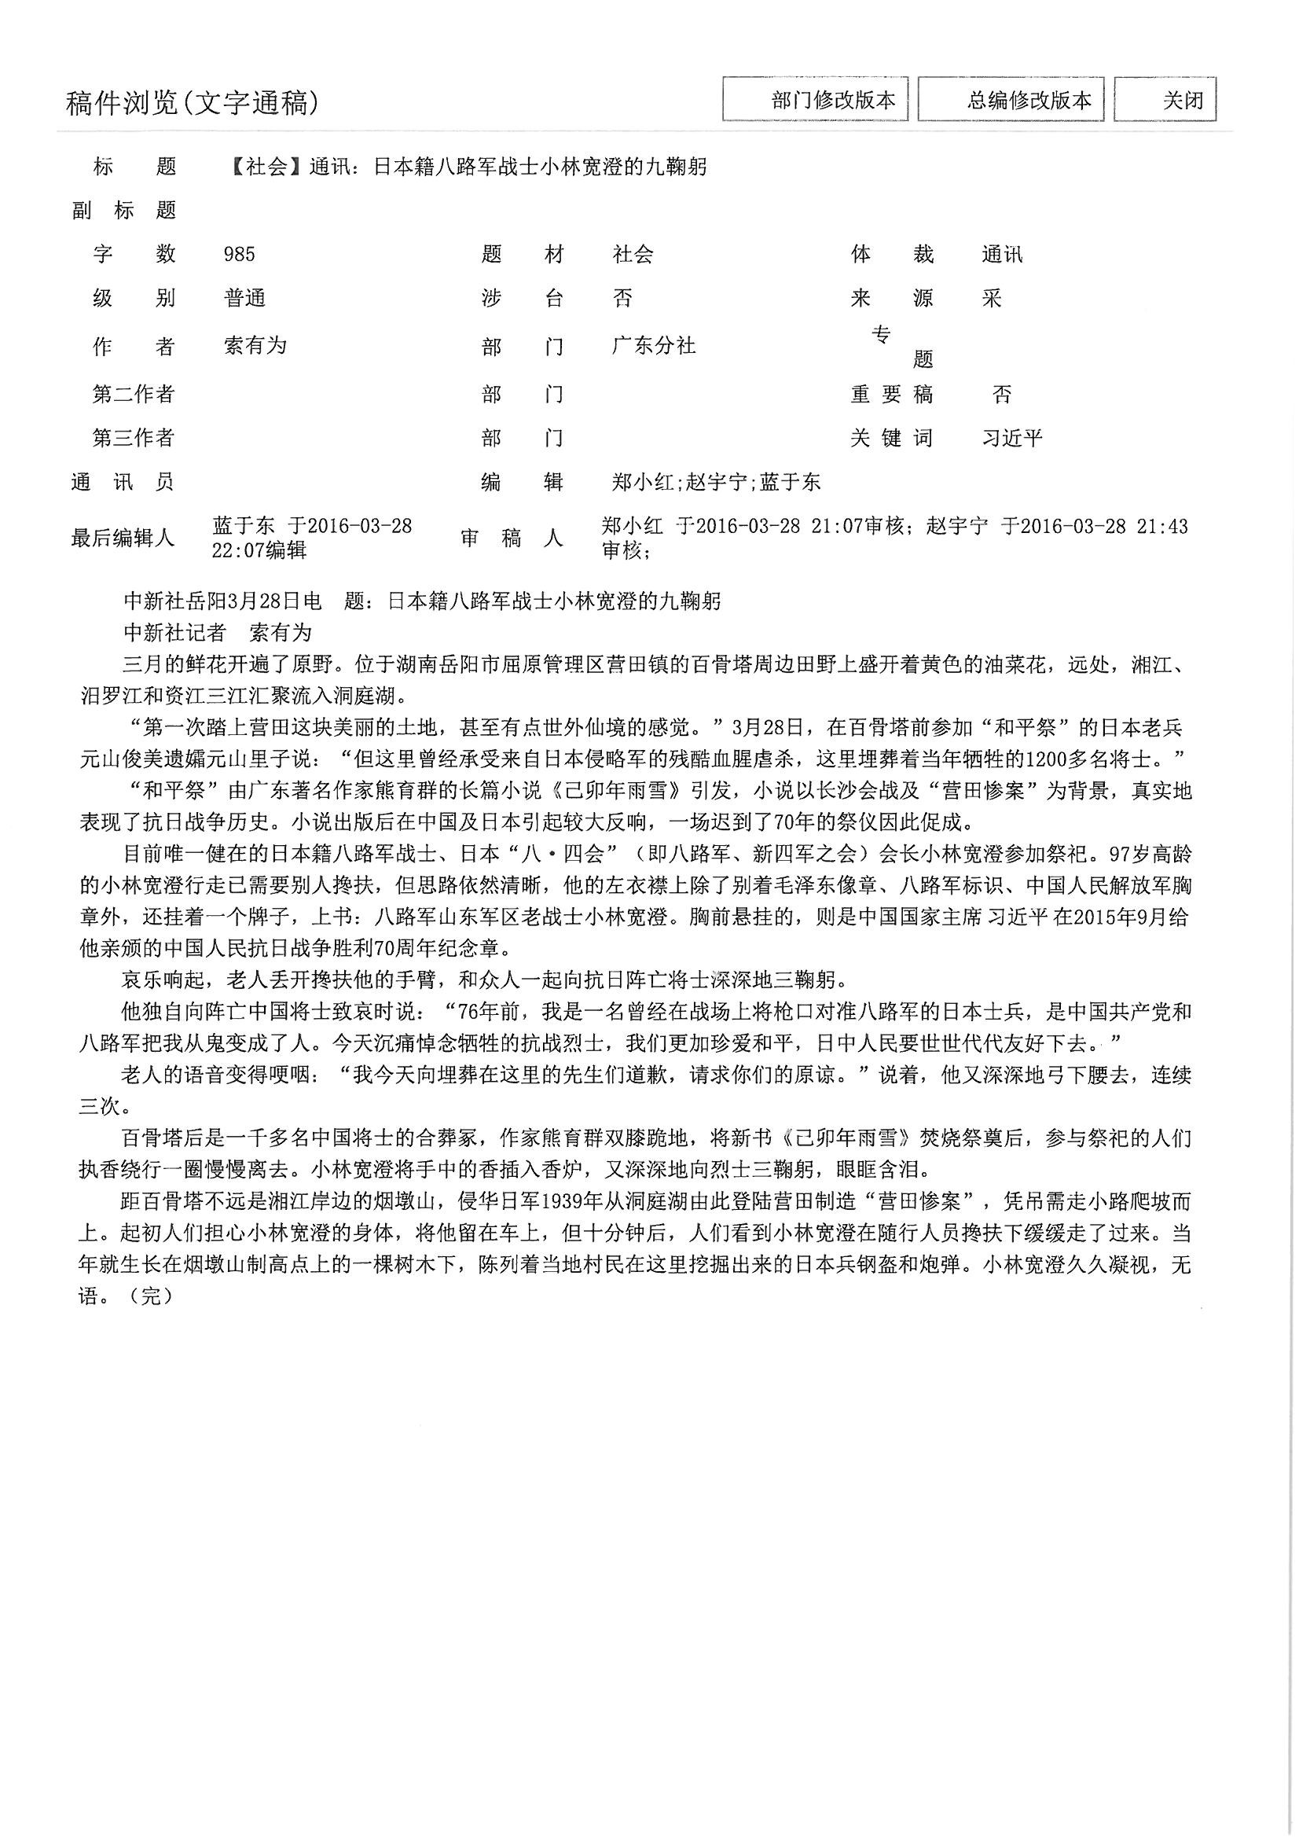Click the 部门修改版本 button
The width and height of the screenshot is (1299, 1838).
tap(815, 100)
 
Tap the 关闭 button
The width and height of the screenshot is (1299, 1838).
tap(1165, 100)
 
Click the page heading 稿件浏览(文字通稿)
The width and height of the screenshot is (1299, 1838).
tap(192, 103)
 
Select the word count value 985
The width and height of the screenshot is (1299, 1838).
tap(240, 255)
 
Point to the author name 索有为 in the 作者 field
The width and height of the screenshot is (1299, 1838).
tap(255, 346)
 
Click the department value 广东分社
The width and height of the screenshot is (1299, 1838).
tap(653, 346)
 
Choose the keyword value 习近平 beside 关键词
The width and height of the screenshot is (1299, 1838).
tap(1012, 438)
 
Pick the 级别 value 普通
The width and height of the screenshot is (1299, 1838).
tap(245, 299)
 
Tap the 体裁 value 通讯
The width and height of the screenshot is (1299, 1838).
tap(1002, 255)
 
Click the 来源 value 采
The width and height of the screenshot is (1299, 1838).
tap(992, 299)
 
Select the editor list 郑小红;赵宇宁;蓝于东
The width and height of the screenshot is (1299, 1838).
tap(716, 482)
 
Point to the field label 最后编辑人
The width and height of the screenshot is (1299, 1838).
tap(123, 538)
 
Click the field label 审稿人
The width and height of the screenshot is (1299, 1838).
tap(512, 538)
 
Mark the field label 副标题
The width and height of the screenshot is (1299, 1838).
tap(124, 211)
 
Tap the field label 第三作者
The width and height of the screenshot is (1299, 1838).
tap(133, 438)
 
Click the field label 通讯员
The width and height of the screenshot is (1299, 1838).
tap(123, 482)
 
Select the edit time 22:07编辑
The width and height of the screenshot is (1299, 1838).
tap(259, 550)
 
